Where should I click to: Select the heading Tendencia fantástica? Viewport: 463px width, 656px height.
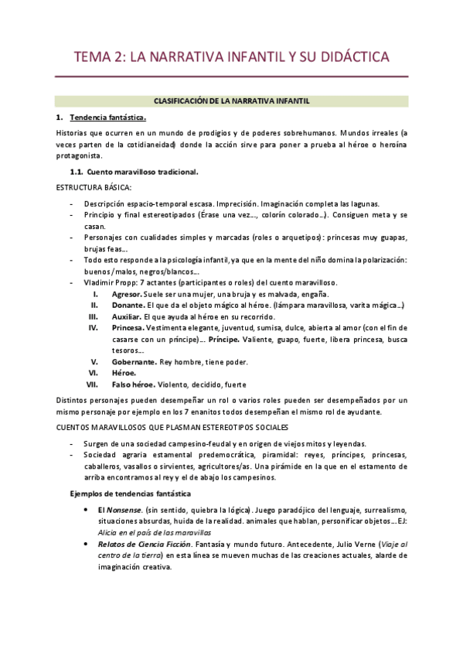coord(107,118)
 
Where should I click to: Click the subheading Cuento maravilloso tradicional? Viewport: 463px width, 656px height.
coord(142,171)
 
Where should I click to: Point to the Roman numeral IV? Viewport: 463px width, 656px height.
coord(93,327)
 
